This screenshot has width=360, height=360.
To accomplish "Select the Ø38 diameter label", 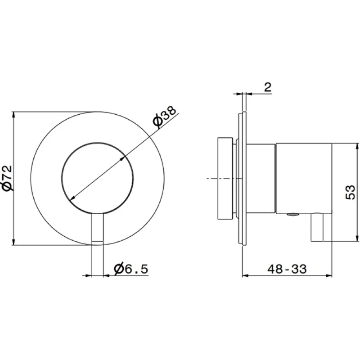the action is point(165,117).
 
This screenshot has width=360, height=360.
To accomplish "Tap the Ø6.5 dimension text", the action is point(131,269).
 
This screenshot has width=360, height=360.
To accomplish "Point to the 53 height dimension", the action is point(350,192).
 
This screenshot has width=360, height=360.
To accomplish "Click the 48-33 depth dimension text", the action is point(287,269).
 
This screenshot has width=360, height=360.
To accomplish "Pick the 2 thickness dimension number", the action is point(268,87).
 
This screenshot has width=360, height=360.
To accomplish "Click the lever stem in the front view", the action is point(98,228).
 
